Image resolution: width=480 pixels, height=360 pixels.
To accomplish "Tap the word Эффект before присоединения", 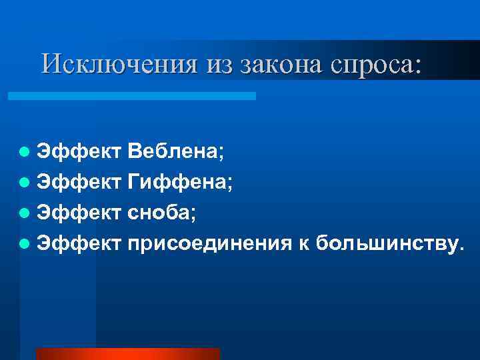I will pos(79,244).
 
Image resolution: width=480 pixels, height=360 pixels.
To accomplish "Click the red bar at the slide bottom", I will pos(127,353).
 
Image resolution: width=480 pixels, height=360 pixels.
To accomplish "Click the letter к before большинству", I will pos(303,244).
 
